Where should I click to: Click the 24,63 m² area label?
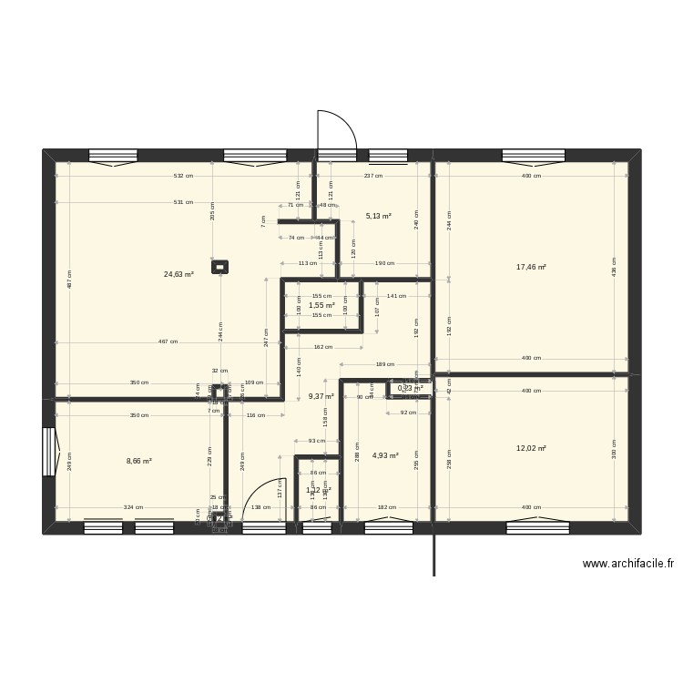178,273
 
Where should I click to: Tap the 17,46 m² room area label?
531,267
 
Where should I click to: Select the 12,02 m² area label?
531,448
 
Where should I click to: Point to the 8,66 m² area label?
138,461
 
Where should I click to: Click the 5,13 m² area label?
378,216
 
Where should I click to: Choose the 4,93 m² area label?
386,455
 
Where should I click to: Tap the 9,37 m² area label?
321,396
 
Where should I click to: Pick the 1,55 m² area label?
321,305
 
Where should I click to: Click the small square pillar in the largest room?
219,267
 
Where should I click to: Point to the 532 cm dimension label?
184,176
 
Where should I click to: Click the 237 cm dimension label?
372,176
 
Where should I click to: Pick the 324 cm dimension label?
133,507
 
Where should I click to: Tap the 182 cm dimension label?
386,507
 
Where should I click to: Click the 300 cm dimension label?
614,449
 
